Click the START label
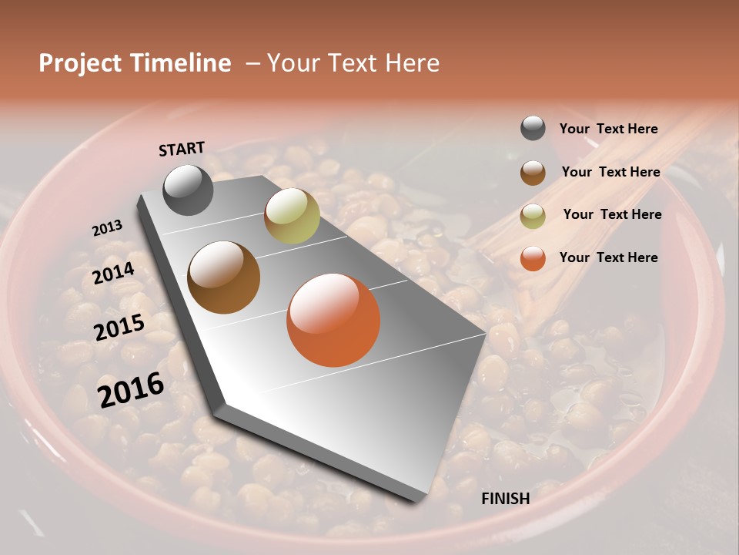click(182, 149)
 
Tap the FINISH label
click(506, 499)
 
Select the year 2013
click(107, 228)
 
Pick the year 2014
click(113, 274)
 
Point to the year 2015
click(119, 328)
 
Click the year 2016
click(131, 390)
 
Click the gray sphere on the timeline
click(188, 190)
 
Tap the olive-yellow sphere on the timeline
click(292, 215)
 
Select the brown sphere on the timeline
click(223, 277)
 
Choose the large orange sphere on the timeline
click(333, 320)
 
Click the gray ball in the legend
click(533, 128)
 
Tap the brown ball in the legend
click(533, 172)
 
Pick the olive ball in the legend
click(533, 215)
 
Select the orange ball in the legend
click(533, 258)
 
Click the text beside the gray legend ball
click(608, 129)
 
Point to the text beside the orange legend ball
click(608, 257)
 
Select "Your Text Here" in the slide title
click(353, 63)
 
